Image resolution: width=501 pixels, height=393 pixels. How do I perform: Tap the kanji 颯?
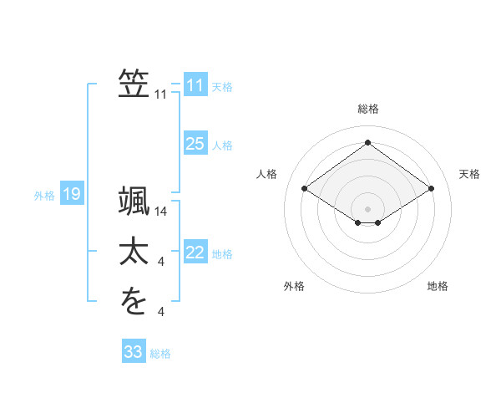click(134, 203)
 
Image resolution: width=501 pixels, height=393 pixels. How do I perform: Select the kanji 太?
click(134, 252)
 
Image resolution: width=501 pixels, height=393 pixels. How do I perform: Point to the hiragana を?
click(134, 301)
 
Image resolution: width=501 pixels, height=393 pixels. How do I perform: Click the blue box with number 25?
click(195, 144)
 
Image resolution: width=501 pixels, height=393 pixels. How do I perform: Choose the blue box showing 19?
click(72, 195)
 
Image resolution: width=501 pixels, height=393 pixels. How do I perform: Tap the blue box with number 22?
click(195, 253)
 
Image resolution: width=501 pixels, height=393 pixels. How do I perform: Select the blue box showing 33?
click(134, 352)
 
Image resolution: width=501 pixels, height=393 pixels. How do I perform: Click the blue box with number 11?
click(195, 84)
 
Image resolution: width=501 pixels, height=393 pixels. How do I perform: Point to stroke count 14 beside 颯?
click(162, 213)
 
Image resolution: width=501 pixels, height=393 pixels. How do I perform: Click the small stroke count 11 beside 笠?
click(161, 94)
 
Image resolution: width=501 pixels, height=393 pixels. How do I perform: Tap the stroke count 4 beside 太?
click(161, 263)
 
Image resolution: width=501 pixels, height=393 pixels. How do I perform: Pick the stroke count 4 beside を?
click(161, 312)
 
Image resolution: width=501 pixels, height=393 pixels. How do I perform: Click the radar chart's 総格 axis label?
click(368, 109)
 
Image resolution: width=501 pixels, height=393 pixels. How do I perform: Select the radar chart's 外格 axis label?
click(294, 286)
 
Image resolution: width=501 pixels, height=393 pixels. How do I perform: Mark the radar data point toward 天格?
click(431, 189)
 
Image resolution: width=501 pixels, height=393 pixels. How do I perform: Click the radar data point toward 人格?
click(305, 189)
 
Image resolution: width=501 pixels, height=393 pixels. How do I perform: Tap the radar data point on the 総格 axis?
click(368, 143)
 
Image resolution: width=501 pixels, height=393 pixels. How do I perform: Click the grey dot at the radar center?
click(368, 207)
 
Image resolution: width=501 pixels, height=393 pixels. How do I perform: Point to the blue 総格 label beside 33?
click(160, 354)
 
